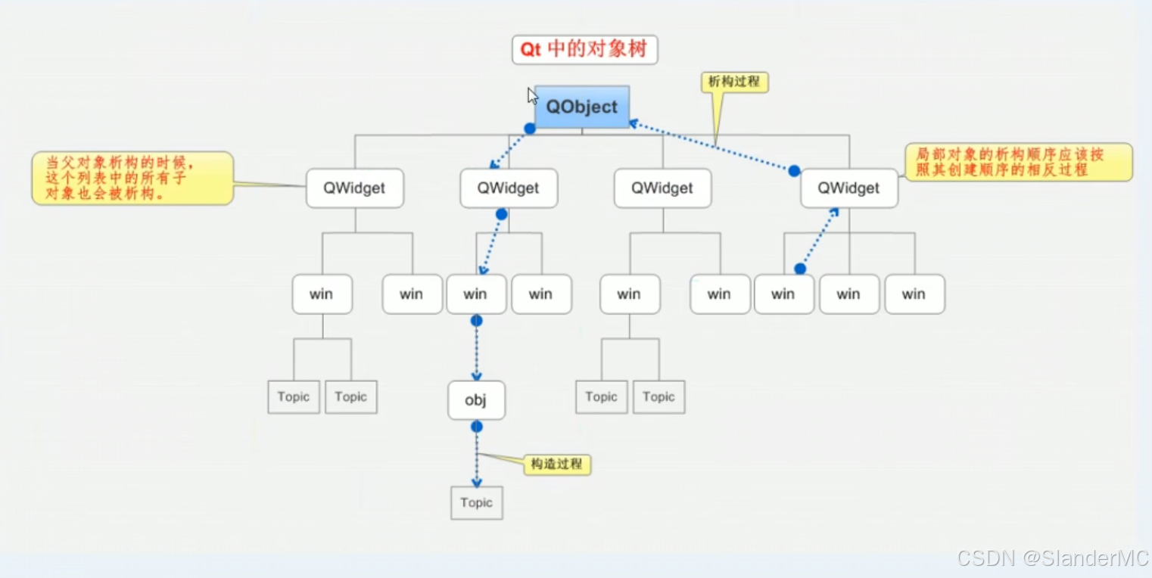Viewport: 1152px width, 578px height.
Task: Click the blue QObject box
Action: [x=582, y=107]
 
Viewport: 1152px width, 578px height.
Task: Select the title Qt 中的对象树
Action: [x=584, y=50]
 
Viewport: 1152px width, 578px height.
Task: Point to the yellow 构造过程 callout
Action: [x=557, y=464]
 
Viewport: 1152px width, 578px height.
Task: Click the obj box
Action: [x=475, y=400]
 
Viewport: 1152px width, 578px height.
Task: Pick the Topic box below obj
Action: [x=476, y=502]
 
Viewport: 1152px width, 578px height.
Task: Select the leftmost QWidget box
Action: [x=354, y=188]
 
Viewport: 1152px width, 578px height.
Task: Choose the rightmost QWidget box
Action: [x=848, y=188]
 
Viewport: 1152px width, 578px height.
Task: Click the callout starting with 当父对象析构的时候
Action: [x=132, y=178]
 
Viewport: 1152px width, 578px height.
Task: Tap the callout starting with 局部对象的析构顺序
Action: [x=1019, y=162]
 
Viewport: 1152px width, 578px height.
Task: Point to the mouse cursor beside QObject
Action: [x=532, y=95]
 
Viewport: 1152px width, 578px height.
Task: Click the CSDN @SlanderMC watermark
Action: [x=1052, y=558]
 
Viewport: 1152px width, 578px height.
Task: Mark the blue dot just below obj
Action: [x=476, y=427]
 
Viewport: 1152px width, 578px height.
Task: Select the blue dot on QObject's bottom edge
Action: [x=530, y=129]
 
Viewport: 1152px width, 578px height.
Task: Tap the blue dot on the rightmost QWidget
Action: [x=794, y=171]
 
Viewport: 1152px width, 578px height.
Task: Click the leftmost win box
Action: [x=322, y=294]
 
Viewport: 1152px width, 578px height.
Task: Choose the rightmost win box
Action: [x=914, y=294]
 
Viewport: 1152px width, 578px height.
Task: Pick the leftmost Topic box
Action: [x=294, y=397]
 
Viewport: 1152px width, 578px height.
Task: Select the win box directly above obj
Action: [x=476, y=294]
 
